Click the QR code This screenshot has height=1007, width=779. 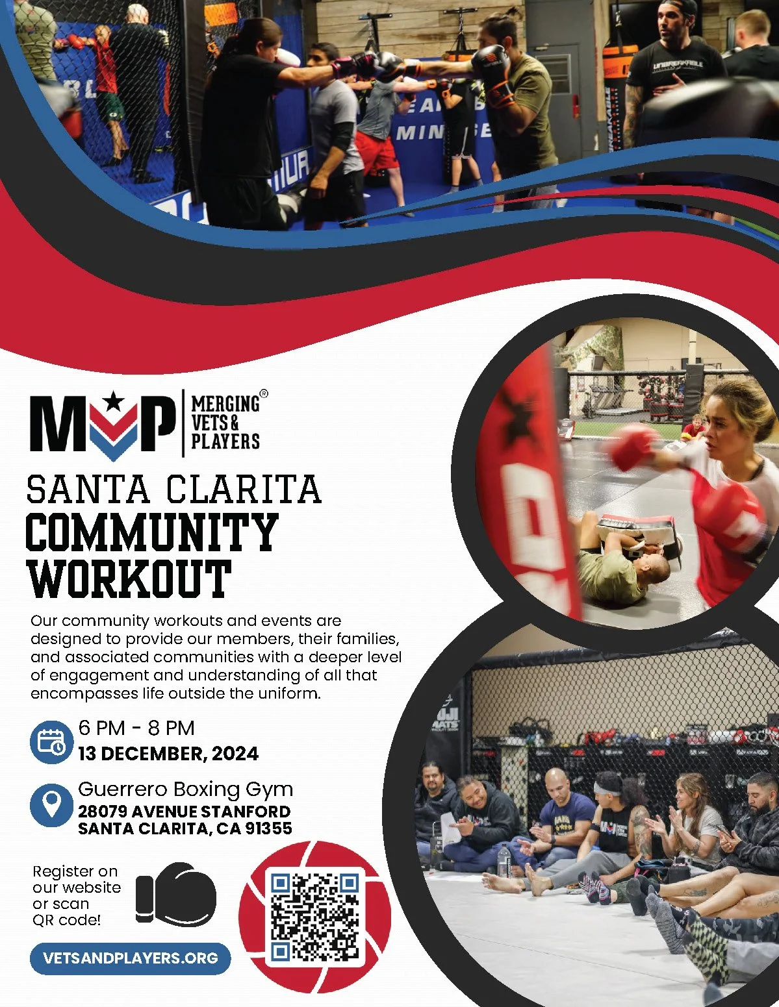pos(315,917)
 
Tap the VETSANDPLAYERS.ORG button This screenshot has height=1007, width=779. pos(130,958)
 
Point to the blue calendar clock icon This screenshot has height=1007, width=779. pos(51,741)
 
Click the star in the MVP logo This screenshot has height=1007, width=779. pos(114,402)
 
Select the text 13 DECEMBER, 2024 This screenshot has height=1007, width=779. pos(168,754)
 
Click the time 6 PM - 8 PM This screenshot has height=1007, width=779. pos(136,728)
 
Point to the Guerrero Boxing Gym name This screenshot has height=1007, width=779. pos(186,789)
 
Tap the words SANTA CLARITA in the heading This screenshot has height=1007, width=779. pos(174,490)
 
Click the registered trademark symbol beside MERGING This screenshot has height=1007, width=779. pos(263,393)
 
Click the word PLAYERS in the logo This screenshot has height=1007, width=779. pos(225,441)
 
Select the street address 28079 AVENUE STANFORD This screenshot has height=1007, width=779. pos(185,812)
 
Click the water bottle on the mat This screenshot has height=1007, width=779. pos(504,862)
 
